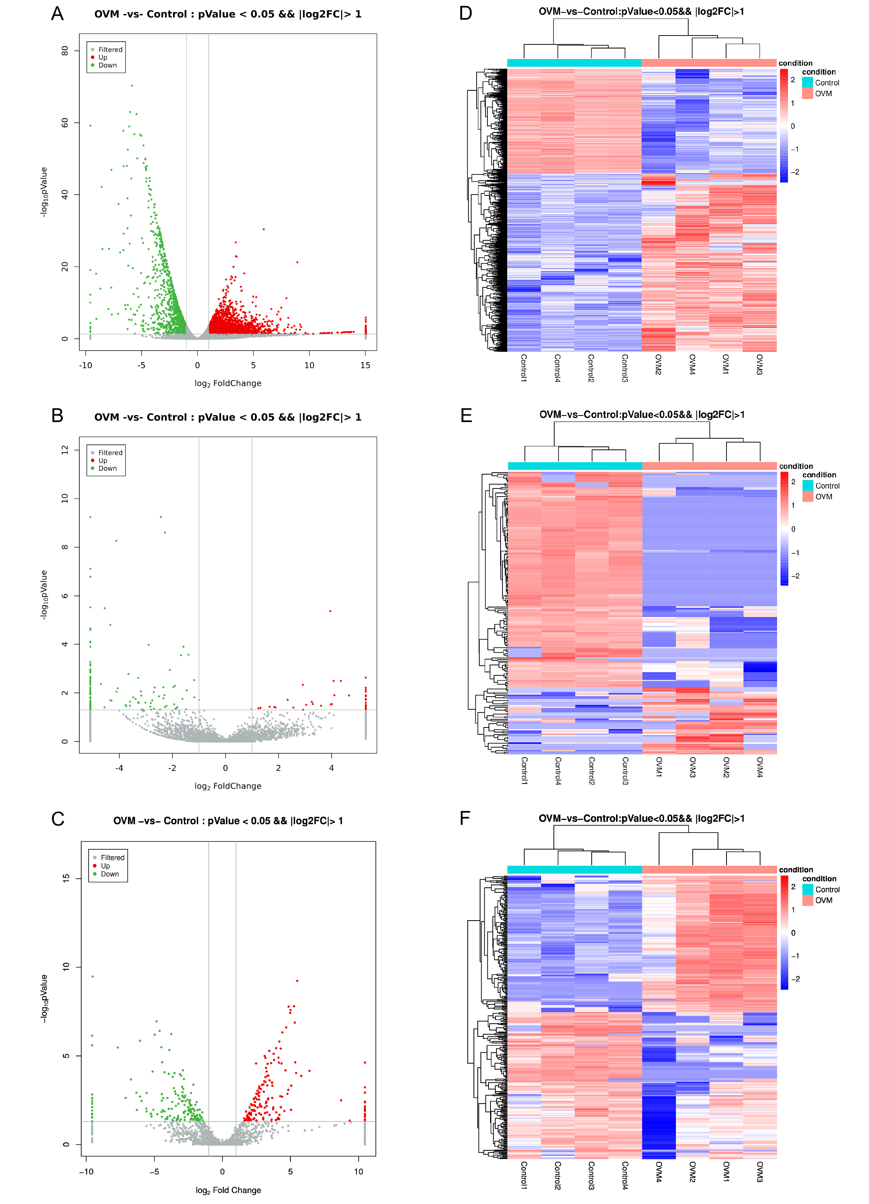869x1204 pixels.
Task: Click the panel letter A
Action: click(57, 13)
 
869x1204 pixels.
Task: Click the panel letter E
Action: click(466, 415)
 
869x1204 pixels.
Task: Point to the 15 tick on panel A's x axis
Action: click(365, 365)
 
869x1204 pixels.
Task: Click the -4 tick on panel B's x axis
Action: click(119, 768)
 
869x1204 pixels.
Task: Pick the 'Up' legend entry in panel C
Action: click(106, 865)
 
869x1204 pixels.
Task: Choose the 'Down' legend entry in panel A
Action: click(107, 65)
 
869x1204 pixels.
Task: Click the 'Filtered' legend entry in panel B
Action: click(110, 452)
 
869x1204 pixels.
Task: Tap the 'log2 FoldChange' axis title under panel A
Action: click(228, 383)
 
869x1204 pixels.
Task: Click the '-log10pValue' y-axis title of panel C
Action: click(44, 999)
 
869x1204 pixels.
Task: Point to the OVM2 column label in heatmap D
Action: click(658, 365)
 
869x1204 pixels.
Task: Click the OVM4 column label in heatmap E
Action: click(760, 767)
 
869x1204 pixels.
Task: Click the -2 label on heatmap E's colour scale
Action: click(795, 576)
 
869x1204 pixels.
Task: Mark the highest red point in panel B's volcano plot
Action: click(330, 611)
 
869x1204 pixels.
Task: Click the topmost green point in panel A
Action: click(132, 85)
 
